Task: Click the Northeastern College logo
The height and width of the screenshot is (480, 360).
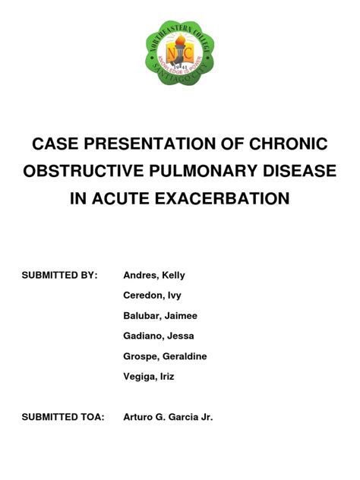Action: point(180,55)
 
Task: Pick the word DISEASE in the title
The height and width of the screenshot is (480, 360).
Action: point(298,172)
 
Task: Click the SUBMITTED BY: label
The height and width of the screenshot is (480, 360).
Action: point(60,274)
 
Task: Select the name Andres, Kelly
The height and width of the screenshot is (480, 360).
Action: point(154,274)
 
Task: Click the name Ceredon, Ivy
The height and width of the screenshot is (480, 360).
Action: point(152,295)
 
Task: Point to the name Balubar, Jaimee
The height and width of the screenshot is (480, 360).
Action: point(160,315)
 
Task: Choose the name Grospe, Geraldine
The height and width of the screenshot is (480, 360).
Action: point(165,356)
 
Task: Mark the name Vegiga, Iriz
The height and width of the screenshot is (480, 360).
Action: point(149,377)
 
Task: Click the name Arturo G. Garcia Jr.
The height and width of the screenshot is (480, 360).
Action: point(168,417)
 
